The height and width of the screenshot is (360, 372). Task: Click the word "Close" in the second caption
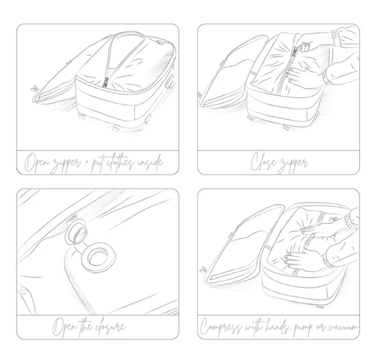click(x=263, y=161)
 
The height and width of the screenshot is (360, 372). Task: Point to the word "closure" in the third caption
click(x=110, y=327)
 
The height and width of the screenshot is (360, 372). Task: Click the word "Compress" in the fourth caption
click(x=221, y=327)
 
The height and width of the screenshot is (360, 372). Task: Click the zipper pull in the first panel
click(x=105, y=83)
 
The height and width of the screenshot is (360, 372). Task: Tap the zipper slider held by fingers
click(x=295, y=51)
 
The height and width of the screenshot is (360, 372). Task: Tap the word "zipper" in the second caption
click(x=293, y=164)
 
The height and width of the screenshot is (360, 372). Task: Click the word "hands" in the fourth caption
click(x=278, y=326)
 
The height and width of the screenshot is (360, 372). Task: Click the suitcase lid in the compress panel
click(x=245, y=245)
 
